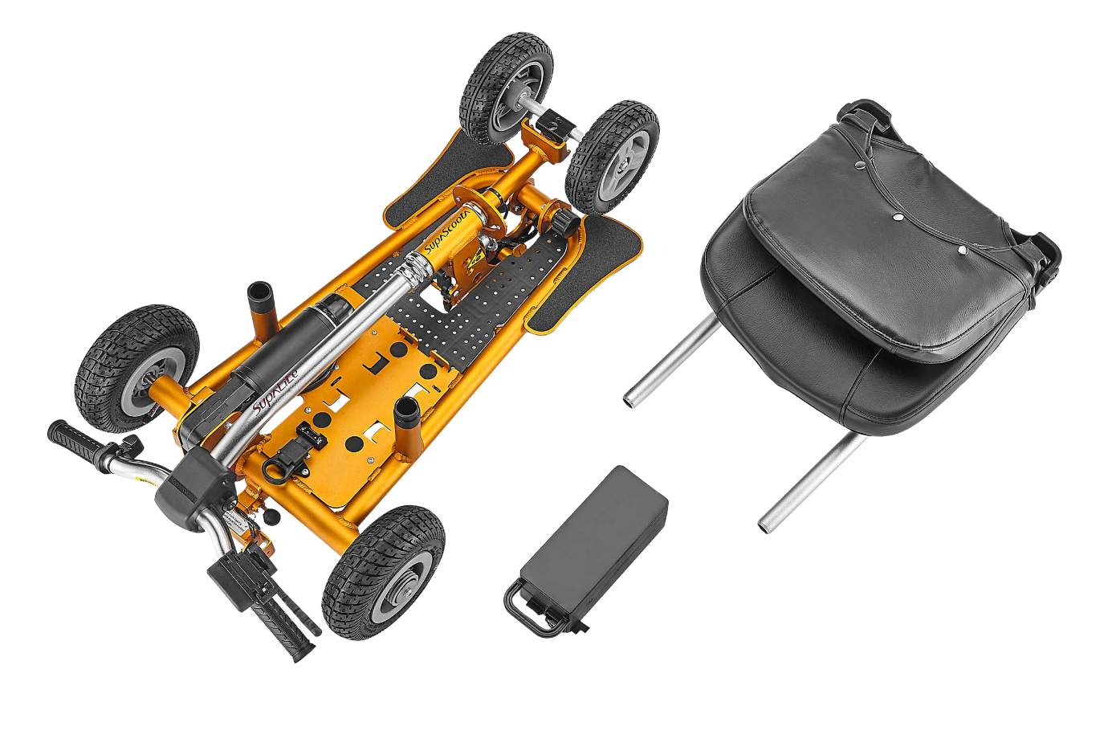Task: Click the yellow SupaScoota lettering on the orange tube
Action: pos(441,235)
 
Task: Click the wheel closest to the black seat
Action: pos(613,154)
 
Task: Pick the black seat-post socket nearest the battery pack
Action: pos(406,412)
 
